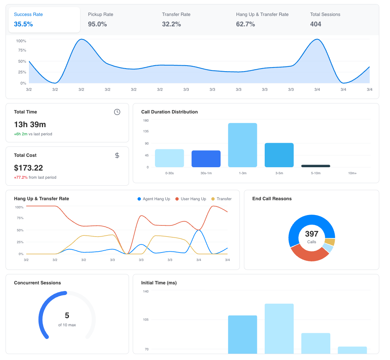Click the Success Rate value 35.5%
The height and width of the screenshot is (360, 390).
tap(23, 24)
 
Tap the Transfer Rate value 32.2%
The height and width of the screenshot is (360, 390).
tap(171, 24)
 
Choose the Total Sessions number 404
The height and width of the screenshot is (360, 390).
tap(315, 24)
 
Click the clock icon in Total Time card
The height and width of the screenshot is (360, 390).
tap(117, 112)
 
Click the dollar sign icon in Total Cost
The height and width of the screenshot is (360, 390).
tap(117, 155)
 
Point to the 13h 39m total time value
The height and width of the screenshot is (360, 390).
tap(30, 125)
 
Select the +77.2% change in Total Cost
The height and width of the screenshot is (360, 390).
tap(21, 178)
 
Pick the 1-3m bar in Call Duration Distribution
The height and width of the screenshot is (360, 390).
tap(242, 145)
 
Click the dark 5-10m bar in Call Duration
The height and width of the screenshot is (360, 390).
tap(315, 166)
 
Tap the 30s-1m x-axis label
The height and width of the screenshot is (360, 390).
tap(206, 173)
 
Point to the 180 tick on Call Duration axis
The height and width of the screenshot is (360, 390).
tap(146, 120)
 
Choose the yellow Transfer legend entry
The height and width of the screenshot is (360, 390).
tap(221, 199)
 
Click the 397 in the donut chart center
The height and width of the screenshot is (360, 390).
tap(312, 234)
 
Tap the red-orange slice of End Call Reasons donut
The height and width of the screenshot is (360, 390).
tap(308, 255)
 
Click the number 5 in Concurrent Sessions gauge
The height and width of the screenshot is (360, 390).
tap(67, 316)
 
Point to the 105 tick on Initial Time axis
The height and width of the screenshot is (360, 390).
tap(146, 320)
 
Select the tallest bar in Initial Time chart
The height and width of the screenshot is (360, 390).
tap(279, 328)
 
